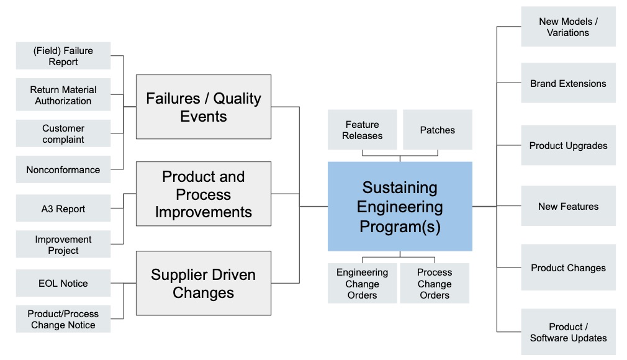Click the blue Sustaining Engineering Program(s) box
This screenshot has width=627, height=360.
[400, 207]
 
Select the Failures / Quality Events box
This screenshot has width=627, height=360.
[204, 107]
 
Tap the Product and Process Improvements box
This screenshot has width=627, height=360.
[204, 194]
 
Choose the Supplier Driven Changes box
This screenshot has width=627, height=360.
[204, 283]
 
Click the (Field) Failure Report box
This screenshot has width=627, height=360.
[63, 56]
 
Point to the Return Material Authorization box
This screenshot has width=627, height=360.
[63, 95]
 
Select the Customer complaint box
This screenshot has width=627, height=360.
[63, 133]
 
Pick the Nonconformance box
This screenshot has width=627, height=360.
[63, 169]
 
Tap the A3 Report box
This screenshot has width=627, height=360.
[63, 209]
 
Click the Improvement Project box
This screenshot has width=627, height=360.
[63, 245]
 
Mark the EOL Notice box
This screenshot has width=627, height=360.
[63, 283]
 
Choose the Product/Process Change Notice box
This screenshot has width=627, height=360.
[63, 319]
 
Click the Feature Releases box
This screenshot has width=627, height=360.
[363, 130]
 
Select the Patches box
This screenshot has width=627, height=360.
[438, 130]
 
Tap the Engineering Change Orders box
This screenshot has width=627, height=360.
[363, 283]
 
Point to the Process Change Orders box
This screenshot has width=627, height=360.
[435, 283]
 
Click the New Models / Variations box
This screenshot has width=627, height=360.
[568, 27]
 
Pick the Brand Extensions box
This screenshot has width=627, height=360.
[568, 83]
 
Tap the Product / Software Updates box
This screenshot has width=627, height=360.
[568, 332]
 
